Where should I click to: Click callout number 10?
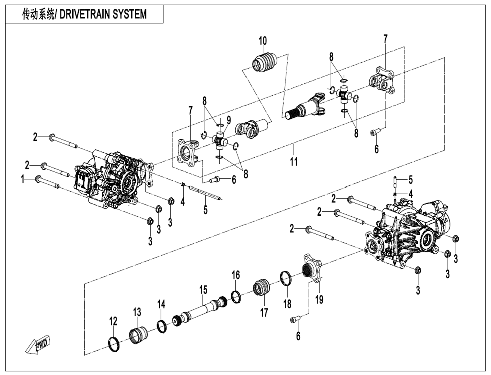click(x=263, y=41)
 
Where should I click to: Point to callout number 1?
click(x=22, y=179)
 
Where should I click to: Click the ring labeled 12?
click(x=115, y=343)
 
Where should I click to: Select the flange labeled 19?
click(x=312, y=270)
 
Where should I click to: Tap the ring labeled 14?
click(x=162, y=326)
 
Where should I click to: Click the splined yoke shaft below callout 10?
click(x=306, y=109)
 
